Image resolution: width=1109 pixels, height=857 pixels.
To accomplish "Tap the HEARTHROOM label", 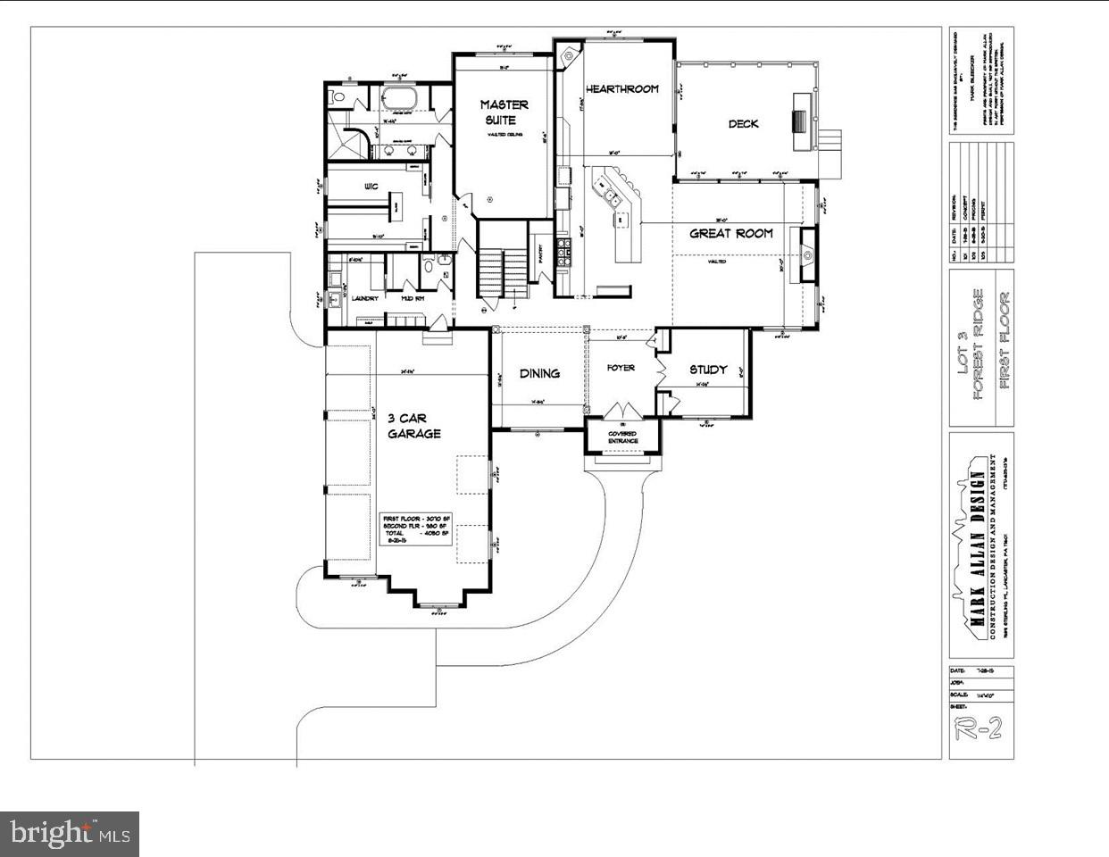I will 622,88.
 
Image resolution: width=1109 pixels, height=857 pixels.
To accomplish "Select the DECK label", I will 743,124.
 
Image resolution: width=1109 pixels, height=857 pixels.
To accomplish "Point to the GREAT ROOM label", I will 731,233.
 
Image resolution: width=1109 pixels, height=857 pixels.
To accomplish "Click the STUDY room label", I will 708,369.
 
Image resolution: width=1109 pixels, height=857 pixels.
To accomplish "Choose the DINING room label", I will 539,373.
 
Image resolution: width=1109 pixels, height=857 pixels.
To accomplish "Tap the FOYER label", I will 621,368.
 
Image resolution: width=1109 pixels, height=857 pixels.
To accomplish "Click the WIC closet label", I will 371,187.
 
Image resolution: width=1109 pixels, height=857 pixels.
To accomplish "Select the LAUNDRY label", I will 364,298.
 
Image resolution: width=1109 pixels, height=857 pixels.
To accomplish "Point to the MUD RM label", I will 412,298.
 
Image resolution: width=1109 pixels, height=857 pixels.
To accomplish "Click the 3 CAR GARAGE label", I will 413,426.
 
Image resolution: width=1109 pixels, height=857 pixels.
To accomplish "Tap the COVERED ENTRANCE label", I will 623,437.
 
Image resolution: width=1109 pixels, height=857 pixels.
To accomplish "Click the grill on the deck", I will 799,119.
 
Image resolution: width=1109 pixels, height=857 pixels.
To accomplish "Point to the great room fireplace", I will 807,254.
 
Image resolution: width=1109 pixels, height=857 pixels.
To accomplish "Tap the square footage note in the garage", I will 417,530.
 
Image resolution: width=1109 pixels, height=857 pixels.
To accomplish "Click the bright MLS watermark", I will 70,835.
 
